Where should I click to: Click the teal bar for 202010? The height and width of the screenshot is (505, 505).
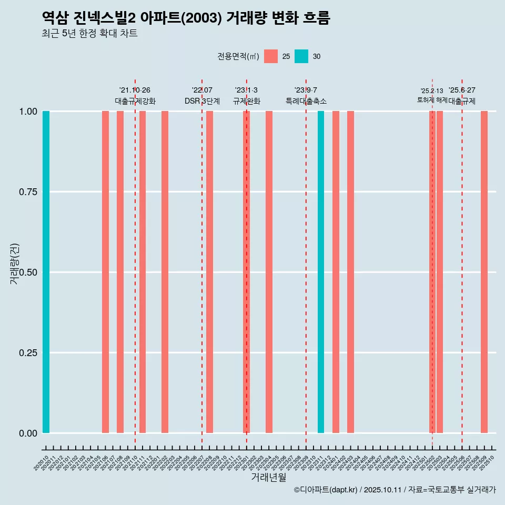point(46,272)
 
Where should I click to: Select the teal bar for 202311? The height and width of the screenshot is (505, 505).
point(321,272)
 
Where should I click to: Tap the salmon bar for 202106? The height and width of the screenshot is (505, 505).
point(105,272)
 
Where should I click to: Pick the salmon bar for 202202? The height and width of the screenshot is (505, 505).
point(165,272)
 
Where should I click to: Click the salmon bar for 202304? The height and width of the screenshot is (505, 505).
point(269,272)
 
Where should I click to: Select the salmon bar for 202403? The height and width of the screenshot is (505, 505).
point(350,272)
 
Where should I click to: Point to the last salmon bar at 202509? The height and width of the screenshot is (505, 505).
point(484,272)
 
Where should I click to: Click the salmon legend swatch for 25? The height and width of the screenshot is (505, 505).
point(271,56)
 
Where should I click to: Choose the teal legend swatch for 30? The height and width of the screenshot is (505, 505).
point(301,56)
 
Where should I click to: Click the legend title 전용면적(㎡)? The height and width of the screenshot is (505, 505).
point(238,56)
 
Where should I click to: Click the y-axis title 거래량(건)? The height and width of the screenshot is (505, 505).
point(14,263)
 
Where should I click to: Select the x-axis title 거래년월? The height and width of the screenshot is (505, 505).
point(269,477)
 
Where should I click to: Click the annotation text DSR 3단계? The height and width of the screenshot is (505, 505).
point(202,101)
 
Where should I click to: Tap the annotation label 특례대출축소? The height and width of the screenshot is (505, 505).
point(306,101)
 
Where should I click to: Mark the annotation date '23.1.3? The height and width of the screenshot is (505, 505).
point(246,90)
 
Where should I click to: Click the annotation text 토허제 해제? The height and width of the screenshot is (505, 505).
point(432,100)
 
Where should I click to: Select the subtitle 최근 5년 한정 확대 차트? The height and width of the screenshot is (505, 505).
point(89,34)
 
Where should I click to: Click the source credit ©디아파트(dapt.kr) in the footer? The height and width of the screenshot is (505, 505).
point(326,490)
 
